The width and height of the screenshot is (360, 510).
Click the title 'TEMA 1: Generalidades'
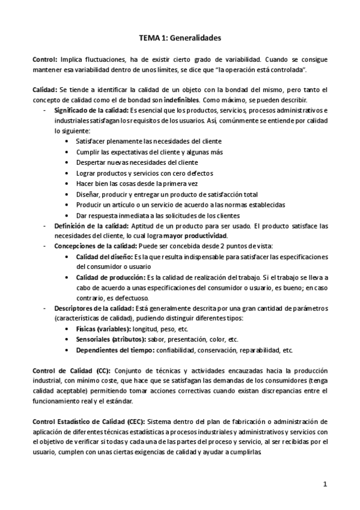click(180, 38)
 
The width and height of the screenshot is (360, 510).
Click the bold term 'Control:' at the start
click(45, 60)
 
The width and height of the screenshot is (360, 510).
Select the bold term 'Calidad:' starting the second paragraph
click(45, 90)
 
